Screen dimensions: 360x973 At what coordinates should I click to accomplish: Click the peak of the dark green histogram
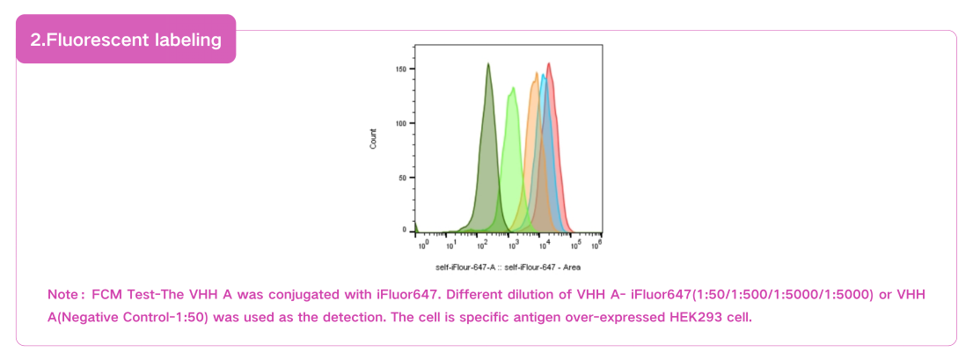point(488,64)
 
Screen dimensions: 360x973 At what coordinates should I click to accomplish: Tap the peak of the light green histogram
point(512,88)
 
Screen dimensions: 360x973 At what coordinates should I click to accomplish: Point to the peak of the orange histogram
point(535,74)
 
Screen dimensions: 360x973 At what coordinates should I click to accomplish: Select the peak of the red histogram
point(549,63)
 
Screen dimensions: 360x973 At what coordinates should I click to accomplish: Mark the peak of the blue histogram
point(543,75)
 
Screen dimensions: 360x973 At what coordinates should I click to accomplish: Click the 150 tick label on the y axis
point(400,69)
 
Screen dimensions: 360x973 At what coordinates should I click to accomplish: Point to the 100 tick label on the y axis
point(400,123)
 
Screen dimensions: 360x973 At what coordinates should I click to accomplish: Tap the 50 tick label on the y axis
point(402,178)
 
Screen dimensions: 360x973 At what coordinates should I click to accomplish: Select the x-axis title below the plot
point(508,267)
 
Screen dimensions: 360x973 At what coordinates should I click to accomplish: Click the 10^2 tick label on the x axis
point(482,244)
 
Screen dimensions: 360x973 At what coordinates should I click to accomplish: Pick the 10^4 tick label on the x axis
point(544,244)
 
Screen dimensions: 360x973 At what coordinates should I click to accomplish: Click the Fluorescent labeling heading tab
point(126,40)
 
